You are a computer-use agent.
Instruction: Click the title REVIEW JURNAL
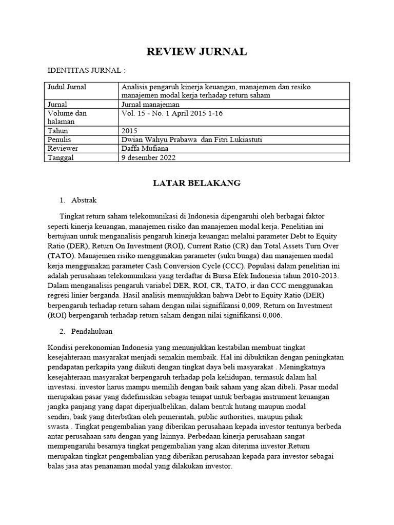coord(197,51)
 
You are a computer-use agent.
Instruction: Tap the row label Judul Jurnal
coord(67,87)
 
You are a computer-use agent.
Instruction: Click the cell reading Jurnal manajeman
coord(151,104)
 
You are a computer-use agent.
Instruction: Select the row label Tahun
coord(58,131)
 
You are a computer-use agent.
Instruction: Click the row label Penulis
coord(60,139)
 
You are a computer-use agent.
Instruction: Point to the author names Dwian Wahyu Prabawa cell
coord(188,139)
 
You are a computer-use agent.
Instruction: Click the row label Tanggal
coord(61,157)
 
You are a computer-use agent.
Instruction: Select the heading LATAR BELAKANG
coord(197,184)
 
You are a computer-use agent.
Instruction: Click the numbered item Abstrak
coord(83,200)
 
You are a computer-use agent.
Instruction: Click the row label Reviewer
coord(63,149)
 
